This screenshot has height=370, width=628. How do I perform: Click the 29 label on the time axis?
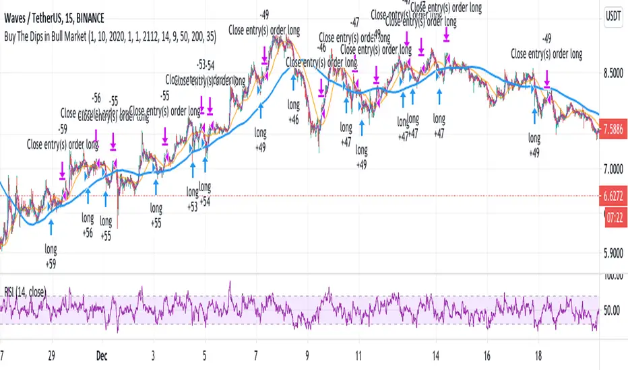pos(51,354)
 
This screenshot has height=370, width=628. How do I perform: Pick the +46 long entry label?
pos(293,118)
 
